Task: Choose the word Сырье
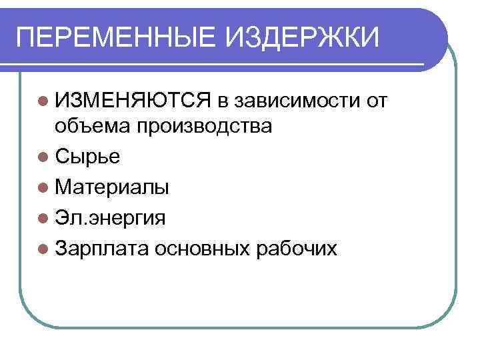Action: click(89, 157)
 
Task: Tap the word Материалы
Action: click(113, 187)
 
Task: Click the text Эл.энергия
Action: click(111, 218)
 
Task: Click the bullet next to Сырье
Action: click(44, 157)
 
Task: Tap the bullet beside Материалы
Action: click(44, 187)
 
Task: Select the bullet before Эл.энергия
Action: click(44, 218)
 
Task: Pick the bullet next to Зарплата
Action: click(44, 249)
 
